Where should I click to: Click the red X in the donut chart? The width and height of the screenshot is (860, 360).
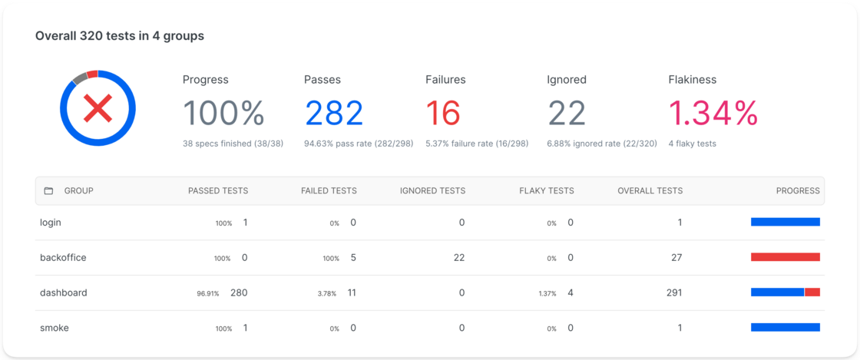tap(98, 108)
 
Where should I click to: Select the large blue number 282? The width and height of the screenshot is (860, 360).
tap(334, 114)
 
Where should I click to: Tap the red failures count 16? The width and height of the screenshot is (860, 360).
tap(443, 114)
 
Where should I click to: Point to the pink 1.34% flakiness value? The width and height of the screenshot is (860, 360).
tap(713, 114)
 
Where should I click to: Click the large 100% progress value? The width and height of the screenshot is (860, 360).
tap(223, 114)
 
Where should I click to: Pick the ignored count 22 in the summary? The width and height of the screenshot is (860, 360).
tap(567, 114)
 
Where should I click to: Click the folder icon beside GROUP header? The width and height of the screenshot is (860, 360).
tap(49, 190)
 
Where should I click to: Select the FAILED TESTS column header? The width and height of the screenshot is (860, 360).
tap(329, 190)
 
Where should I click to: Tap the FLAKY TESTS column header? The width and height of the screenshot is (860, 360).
tap(547, 190)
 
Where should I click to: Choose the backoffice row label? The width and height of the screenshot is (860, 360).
tap(63, 258)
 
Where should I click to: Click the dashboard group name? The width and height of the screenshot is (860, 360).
tap(64, 292)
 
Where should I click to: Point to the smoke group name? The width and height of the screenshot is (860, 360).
tap(55, 328)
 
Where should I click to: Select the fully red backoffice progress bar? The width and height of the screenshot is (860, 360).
tap(786, 257)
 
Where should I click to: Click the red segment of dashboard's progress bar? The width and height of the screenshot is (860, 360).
tap(812, 292)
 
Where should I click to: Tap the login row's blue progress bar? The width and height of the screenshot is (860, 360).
tap(786, 222)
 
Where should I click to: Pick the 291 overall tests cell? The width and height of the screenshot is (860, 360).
tap(673, 292)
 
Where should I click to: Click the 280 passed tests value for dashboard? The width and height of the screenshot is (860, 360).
tap(239, 292)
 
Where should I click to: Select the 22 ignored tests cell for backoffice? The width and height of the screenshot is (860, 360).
tap(459, 258)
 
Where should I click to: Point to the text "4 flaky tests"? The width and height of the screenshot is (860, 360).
tap(692, 144)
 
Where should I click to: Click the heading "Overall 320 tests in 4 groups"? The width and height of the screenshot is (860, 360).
tap(120, 36)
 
